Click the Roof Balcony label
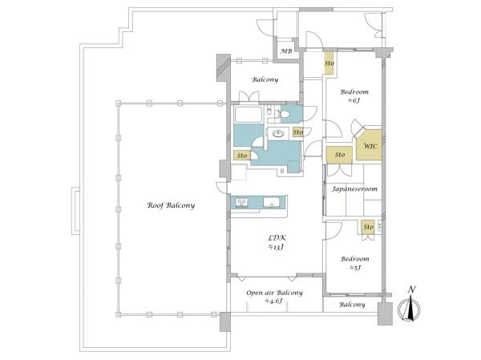point(171,205)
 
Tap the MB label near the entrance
point(286,51)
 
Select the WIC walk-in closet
point(370,145)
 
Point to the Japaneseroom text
point(354,189)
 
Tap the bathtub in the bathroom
point(249,115)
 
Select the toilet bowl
point(284,114)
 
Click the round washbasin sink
point(278,134)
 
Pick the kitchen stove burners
point(242,203)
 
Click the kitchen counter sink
point(272,203)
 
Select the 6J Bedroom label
point(354,95)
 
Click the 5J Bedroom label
point(354,263)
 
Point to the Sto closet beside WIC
point(339,155)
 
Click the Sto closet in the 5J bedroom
point(368,227)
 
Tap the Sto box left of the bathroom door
point(242,156)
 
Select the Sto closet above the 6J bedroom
point(329,63)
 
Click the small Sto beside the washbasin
point(297,132)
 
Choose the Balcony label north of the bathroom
point(265,80)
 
